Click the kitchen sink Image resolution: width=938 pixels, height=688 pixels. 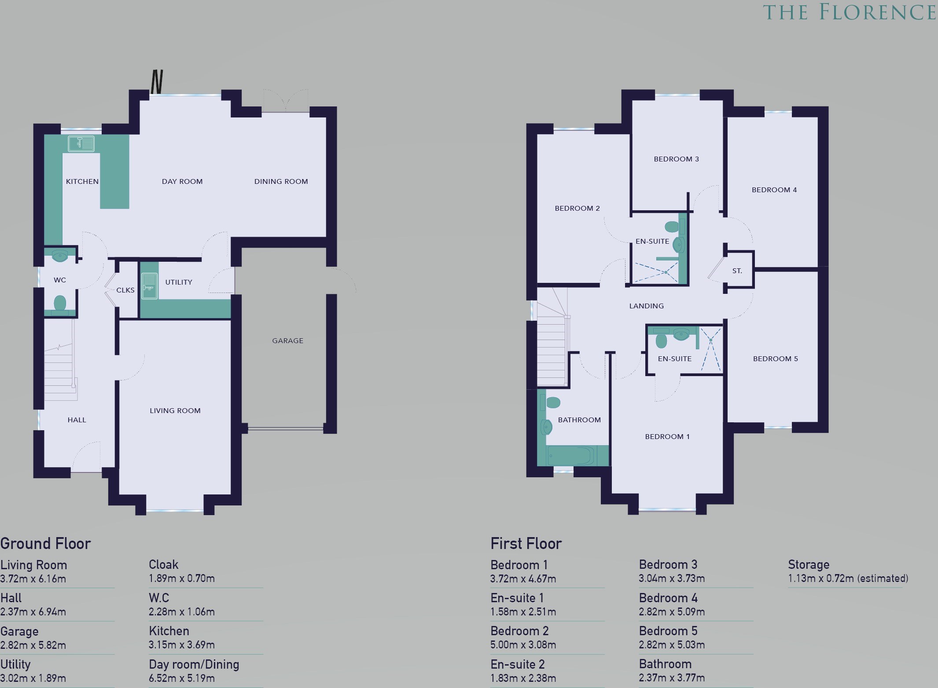coord(81,143)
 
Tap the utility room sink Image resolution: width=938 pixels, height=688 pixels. coord(150,286)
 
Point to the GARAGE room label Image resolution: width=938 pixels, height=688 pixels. coord(288,340)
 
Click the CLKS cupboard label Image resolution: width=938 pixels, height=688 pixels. coord(125,290)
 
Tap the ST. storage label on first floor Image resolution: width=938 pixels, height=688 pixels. coord(737,271)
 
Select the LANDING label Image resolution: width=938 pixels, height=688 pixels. coord(647,306)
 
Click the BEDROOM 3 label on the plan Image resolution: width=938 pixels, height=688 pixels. coord(677,159)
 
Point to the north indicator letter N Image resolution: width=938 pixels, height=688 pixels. coord(157,81)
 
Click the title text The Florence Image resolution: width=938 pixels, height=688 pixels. coord(850,12)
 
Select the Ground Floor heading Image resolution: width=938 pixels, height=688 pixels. coord(45,544)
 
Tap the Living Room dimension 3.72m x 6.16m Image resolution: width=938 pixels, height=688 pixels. coord(33,579)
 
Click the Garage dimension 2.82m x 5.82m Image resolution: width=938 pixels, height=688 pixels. coord(33,645)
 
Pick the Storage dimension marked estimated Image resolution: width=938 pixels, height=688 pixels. coord(848,578)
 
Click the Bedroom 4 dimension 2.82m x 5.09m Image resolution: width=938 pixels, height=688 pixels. coord(672,612)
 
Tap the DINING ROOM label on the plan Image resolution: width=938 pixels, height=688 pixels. coord(281,181)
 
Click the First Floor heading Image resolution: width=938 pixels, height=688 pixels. coord(526,544)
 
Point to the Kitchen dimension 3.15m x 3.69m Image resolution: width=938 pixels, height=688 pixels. coord(182,645)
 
